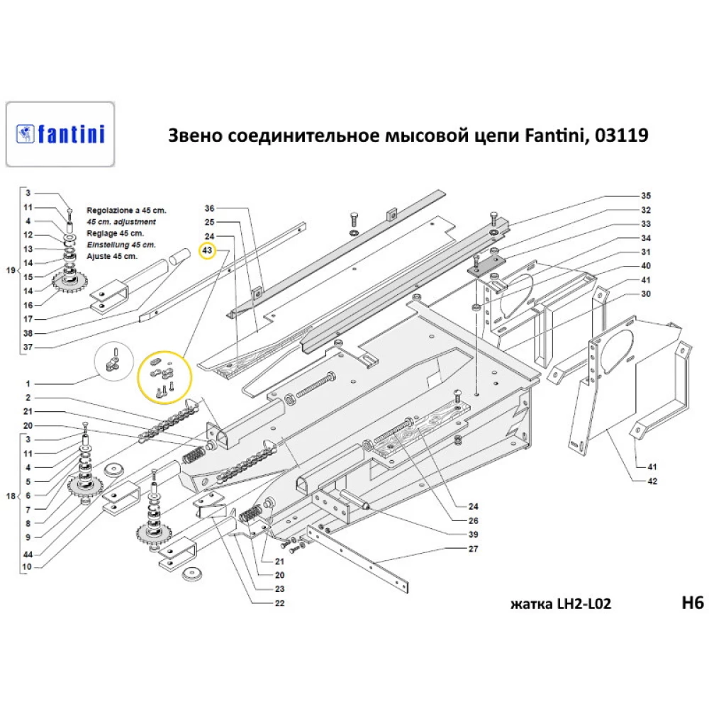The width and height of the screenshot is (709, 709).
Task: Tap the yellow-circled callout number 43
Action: pyautogui.click(x=208, y=251)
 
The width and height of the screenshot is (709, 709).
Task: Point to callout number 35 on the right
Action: pyautogui.click(x=645, y=195)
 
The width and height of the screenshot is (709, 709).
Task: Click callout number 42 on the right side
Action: pyautogui.click(x=652, y=481)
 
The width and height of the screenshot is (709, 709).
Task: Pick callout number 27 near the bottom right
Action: pyautogui.click(x=474, y=549)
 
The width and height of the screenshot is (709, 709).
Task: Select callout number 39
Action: pyautogui.click(x=474, y=535)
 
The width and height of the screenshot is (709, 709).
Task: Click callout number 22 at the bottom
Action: pyautogui.click(x=279, y=603)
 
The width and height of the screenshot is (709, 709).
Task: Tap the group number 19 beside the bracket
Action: pyautogui.click(x=10, y=271)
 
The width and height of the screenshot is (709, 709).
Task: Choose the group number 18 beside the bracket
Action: pyautogui.click(x=10, y=496)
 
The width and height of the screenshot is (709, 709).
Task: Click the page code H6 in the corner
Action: pyautogui.click(x=691, y=603)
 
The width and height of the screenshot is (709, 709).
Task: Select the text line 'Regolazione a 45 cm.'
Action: pyautogui.click(x=126, y=211)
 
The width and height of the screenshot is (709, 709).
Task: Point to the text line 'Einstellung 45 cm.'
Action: pyautogui.click(x=121, y=245)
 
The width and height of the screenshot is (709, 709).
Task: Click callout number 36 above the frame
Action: pyautogui.click(x=208, y=208)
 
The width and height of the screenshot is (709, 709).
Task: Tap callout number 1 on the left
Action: pyautogui.click(x=29, y=384)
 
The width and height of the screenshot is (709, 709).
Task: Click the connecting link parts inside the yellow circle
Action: pyautogui.click(x=164, y=376)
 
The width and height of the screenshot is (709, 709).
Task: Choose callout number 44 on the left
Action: pyautogui.click(x=29, y=554)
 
